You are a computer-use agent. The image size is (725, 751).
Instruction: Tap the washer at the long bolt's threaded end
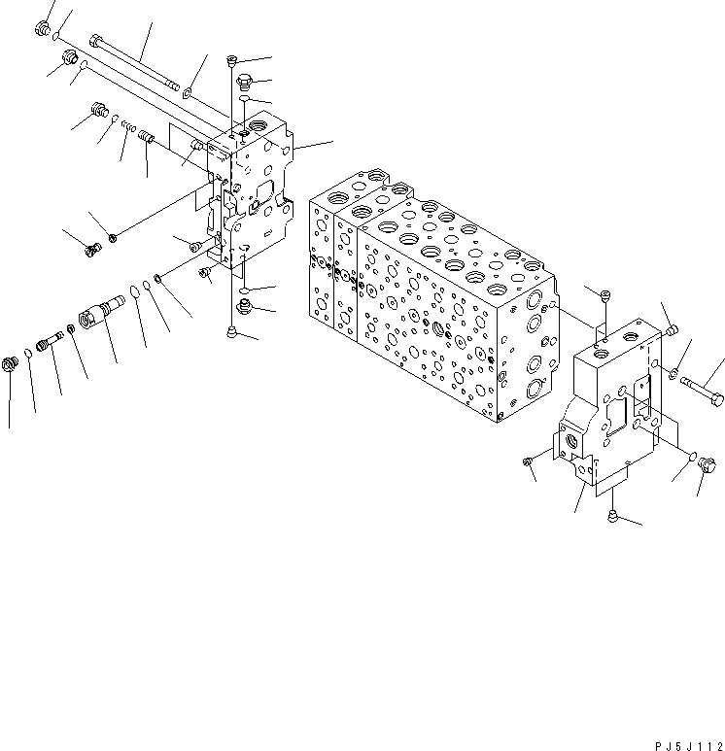coord(186,94)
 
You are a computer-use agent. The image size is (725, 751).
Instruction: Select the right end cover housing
coord(612,408)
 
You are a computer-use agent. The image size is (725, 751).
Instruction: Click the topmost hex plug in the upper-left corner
coord(44,29)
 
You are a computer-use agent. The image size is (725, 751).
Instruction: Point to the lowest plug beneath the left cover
coord(230,332)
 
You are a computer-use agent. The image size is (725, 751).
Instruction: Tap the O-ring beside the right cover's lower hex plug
coord(692,457)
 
